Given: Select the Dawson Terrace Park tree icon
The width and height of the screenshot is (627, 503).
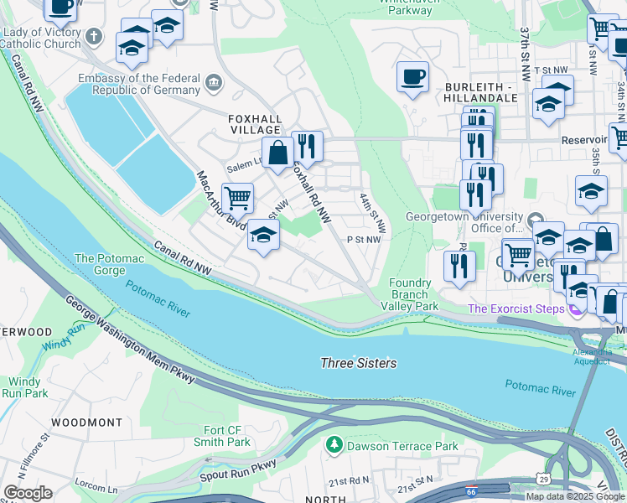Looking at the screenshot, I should pos(335,444).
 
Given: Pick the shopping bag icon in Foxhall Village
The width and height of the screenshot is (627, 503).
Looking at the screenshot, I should pos(277,153).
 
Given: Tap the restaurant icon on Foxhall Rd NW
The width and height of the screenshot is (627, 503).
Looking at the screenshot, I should pos(307,146).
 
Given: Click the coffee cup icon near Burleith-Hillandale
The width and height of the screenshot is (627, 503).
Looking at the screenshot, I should pos(412,77).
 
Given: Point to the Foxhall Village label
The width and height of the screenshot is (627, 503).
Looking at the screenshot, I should pos(255,124).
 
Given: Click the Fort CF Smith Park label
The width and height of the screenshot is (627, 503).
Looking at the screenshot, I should pos(227,436).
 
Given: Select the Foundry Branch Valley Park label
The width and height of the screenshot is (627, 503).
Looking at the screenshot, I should pos(415,295).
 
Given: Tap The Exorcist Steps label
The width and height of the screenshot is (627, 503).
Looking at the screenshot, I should pos(513,309).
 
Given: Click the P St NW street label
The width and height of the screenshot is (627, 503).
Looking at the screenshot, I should pos(364,239).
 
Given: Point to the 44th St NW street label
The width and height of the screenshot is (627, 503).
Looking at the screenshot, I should pos(373,213).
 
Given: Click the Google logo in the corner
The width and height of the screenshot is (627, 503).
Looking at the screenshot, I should pos(28,493).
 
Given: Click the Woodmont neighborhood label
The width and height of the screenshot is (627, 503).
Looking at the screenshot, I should pos(80,422).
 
